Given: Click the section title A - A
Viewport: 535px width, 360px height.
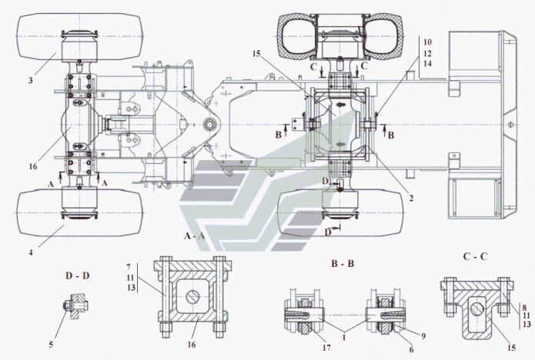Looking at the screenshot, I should [194, 234].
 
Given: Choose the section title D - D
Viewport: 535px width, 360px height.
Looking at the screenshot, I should [78, 275].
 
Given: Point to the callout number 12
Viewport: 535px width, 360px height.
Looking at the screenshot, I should [427, 54].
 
